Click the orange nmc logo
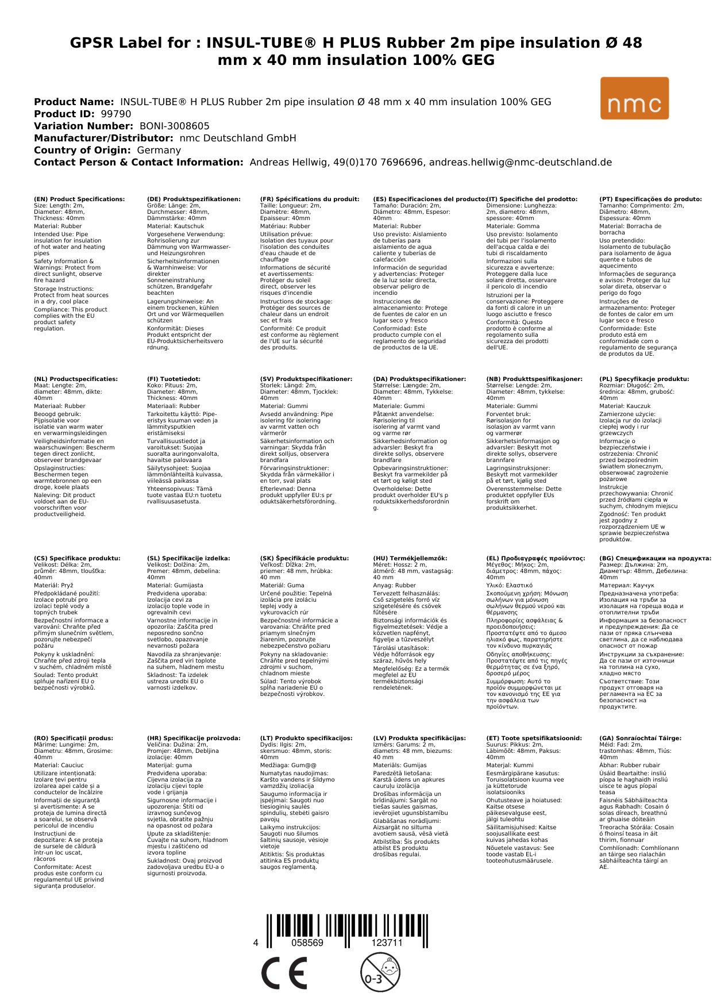(634, 98)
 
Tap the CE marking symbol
(283, 973)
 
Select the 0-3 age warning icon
(380, 972)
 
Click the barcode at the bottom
(347, 926)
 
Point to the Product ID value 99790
(116, 114)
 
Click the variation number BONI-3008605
(175, 126)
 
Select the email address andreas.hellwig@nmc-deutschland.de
(521, 162)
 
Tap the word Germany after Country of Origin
(159, 150)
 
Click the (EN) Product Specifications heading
(79, 199)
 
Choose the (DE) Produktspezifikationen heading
(194, 199)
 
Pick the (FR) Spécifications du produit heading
(310, 199)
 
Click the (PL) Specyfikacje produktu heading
(644, 379)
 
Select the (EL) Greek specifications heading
(535, 559)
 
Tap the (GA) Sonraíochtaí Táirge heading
(640, 738)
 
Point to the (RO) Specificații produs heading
(74, 738)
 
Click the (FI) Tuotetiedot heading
(174, 379)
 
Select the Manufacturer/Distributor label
(103, 138)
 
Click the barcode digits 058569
(307, 943)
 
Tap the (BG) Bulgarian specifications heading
(655, 559)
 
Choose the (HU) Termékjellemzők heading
(410, 559)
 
